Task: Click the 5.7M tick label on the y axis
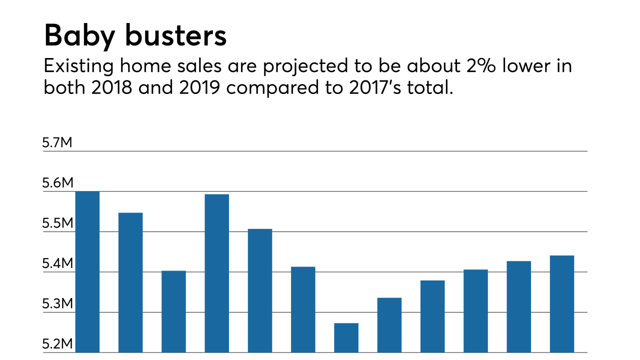click(x=57, y=143)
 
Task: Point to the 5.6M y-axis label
click(x=57, y=183)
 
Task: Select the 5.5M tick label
click(x=57, y=223)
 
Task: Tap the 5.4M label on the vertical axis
click(x=57, y=264)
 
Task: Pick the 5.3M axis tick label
click(x=57, y=304)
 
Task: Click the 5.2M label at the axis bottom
click(x=57, y=344)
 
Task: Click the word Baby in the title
click(x=80, y=36)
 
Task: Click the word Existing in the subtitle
click(x=74, y=66)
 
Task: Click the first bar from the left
click(x=87, y=272)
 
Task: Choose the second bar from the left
click(x=130, y=282)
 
